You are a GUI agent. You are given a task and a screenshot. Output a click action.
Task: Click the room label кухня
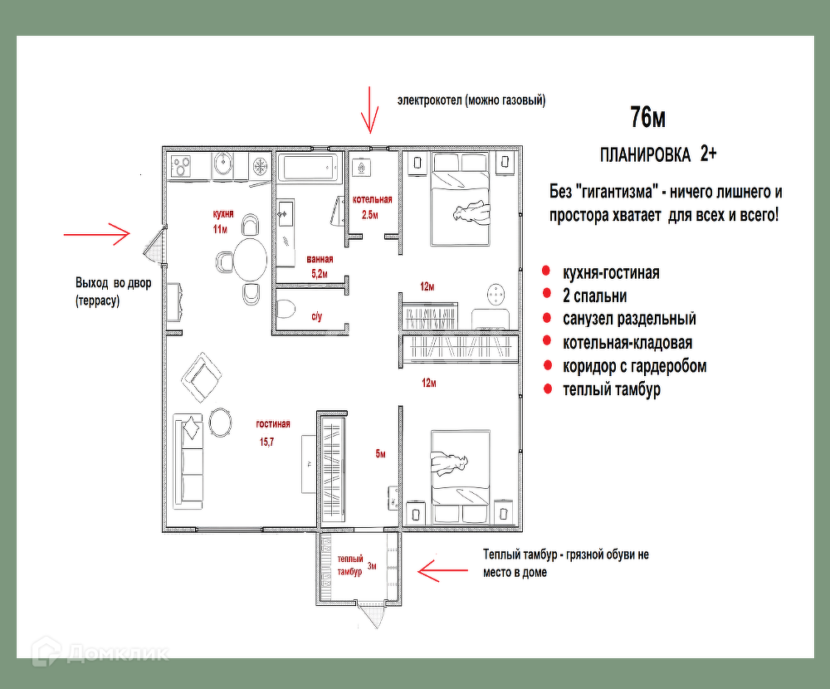222,214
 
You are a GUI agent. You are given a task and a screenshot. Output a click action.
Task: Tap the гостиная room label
272,423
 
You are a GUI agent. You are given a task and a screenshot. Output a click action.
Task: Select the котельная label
372,199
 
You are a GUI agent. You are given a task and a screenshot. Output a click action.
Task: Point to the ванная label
320,259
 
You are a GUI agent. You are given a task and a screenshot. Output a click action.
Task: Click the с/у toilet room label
316,317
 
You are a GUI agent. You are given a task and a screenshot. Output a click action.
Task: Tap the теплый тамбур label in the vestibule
350,565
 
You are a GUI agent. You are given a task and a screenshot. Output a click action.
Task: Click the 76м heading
647,117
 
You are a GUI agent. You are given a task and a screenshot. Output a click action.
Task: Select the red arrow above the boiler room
369,110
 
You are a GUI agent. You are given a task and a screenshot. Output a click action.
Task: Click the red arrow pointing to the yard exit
97,234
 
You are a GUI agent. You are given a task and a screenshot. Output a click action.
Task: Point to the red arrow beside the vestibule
442,570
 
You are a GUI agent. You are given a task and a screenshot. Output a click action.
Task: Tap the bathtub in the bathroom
309,168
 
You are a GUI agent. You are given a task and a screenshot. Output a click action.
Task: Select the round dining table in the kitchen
250,260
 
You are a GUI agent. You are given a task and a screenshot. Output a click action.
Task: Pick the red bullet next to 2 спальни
547,294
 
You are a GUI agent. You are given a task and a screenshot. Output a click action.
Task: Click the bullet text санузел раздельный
629,319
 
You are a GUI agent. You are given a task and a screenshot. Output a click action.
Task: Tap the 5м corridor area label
381,454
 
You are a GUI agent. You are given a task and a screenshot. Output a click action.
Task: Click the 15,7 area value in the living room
266,442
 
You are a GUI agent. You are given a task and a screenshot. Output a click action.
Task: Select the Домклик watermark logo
100,652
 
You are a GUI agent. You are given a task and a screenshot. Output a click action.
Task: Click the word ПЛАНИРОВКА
645,155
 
